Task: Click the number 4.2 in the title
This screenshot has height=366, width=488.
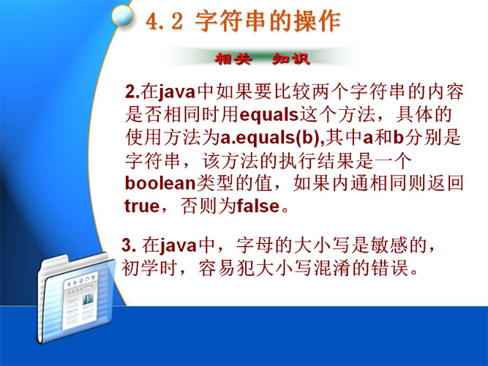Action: pyautogui.click(x=165, y=22)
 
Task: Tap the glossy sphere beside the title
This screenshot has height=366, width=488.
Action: pyautogui.click(x=123, y=15)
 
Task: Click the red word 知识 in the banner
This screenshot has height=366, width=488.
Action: pyautogui.click(x=291, y=59)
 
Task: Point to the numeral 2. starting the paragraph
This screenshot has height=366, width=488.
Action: pyautogui.click(x=132, y=91)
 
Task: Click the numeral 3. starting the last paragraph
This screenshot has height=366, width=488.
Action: pyautogui.click(x=129, y=245)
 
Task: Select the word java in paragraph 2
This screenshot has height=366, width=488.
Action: pyautogui.click(x=177, y=92)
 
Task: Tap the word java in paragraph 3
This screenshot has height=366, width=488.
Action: pyautogui.click(x=179, y=246)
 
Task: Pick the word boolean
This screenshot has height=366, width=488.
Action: pyautogui.click(x=160, y=183)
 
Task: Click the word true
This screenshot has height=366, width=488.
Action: pyautogui.click(x=142, y=206)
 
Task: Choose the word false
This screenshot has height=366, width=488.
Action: pyautogui.click(x=258, y=206)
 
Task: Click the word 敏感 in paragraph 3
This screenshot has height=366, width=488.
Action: pyautogui.click(x=389, y=245)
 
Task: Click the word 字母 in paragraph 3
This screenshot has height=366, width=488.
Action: pyautogui.click(x=255, y=245)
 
